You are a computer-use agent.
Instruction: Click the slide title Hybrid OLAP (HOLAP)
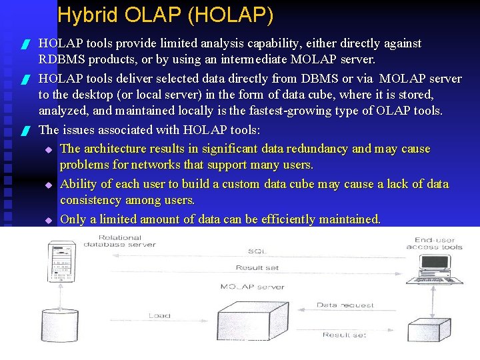tap(165, 15)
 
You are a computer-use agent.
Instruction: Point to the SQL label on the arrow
tap(257, 251)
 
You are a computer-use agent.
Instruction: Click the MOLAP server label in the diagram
tap(252, 287)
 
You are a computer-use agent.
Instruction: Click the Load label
tap(159, 316)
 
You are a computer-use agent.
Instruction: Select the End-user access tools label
tap(434, 243)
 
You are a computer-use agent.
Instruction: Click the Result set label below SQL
tap(257, 268)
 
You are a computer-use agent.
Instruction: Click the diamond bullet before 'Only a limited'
tap(48, 219)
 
